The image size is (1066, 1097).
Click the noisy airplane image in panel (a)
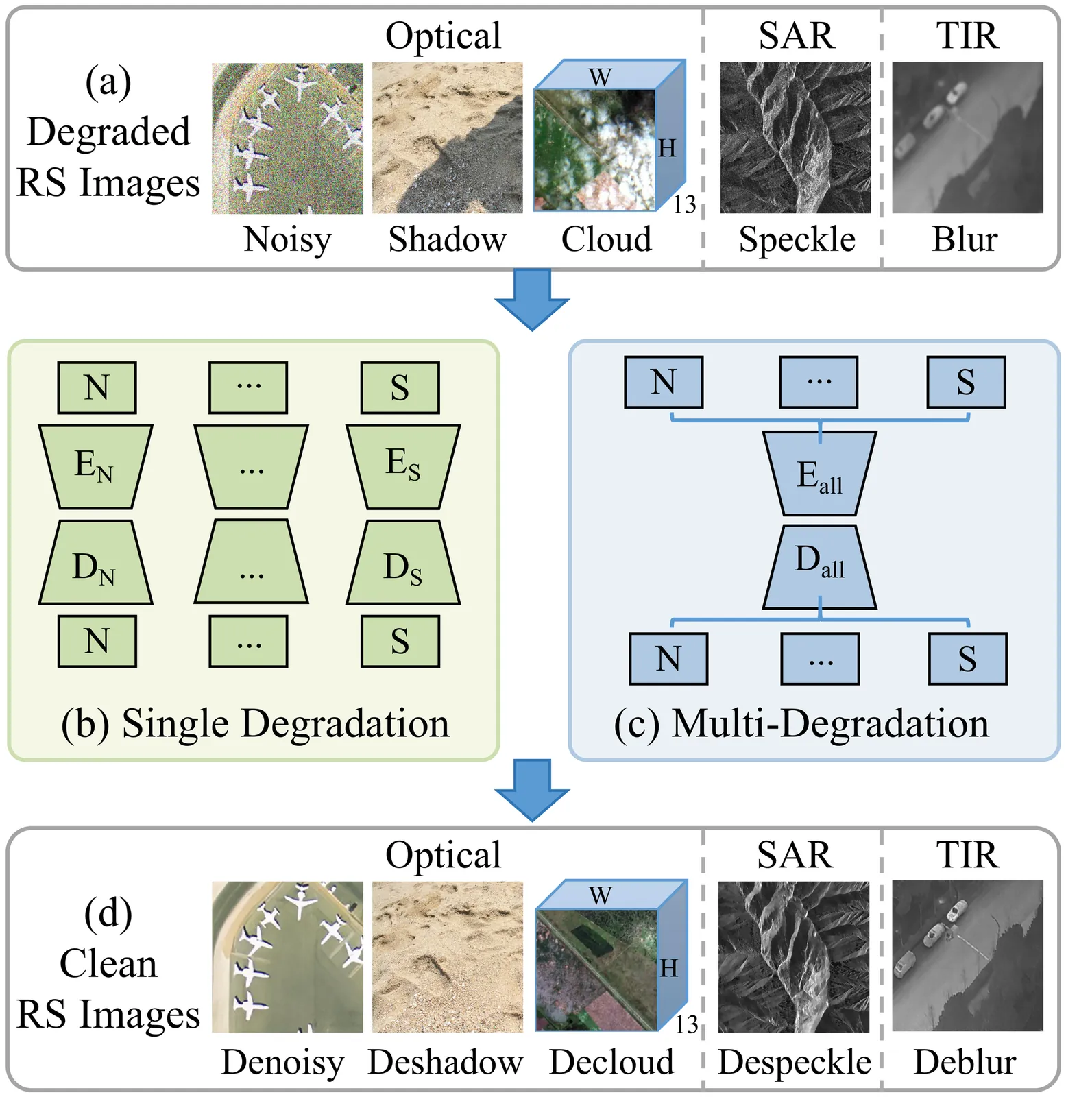(x=287, y=138)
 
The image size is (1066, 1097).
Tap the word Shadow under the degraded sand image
(x=447, y=239)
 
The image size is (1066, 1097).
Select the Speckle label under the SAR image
(x=797, y=239)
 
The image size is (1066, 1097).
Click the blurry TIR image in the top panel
(x=967, y=138)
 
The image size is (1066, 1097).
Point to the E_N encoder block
(x=95, y=466)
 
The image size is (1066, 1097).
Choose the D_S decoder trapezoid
(x=403, y=563)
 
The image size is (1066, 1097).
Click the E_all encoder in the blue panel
(x=820, y=474)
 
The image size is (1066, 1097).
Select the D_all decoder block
(x=820, y=567)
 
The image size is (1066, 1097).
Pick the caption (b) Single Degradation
(x=255, y=723)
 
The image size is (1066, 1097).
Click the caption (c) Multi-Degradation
(x=801, y=723)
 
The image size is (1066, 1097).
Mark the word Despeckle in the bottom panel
(x=794, y=1062)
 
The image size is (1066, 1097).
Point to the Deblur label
(x=965, y=1062)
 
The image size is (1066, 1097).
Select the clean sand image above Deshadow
(x=447, y=956)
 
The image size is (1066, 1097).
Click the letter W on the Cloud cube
(x=600, y=77)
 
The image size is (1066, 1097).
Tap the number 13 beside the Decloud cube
(x=686, y=1024)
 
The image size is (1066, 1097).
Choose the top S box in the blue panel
(x=966, y=383)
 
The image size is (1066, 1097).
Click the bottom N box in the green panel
(x=97, y=642)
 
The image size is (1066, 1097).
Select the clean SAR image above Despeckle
(x=793, y=956)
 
